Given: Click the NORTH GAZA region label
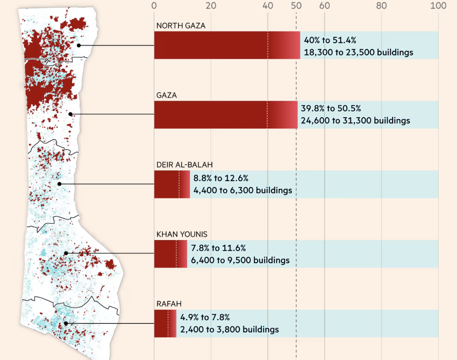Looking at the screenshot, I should [181, 26].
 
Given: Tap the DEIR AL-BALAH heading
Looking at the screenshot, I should [185, 165].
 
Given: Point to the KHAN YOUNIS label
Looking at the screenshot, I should [182, 234].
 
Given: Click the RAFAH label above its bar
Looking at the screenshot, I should [168, 304].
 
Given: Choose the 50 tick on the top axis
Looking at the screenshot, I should [296, 5].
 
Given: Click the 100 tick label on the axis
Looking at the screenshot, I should [438, 5].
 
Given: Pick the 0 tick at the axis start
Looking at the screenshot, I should [154, 5].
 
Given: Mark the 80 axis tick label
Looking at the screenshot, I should [381, 5].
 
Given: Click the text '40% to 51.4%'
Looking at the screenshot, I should [330, 40].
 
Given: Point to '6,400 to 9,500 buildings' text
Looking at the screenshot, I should [240, 260].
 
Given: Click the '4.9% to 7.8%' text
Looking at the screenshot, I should [205, 317].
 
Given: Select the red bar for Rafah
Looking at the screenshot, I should [165, 323].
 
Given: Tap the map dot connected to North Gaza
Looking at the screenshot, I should [78, 45].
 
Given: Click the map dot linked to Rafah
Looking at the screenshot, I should [66, 323].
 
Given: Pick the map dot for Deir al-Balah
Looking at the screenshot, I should [60, 184].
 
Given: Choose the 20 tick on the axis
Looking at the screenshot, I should [211, 5].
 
